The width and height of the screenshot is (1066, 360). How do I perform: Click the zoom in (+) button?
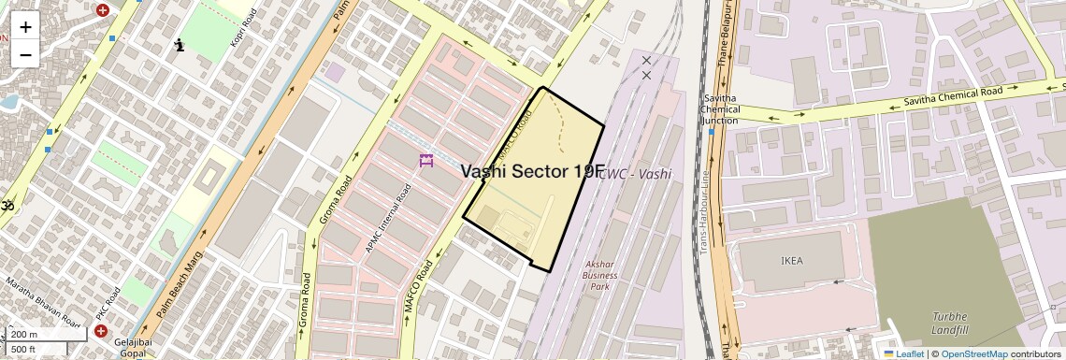click(x=25, y=26)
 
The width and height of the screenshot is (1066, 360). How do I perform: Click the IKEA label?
click(x=791, y=261)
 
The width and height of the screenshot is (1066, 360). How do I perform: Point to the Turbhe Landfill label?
click(x=949, y=324)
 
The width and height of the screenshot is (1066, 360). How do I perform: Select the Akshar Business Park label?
click(x=599, y=274)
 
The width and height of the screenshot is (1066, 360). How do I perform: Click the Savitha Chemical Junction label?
click(x=719, y=108)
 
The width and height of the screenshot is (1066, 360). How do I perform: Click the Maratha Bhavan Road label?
click(x=42, y=302)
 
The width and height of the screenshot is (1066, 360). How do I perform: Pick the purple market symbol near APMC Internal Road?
click(x=426, y=161)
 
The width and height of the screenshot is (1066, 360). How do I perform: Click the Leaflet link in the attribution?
click(x=903, y=353)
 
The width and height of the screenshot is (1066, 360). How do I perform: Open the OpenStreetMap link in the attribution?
click(x=973, y=353)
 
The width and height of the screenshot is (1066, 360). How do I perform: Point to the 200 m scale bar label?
click(x=24, y=335)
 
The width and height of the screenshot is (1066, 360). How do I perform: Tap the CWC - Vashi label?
click(x=636, y=174)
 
